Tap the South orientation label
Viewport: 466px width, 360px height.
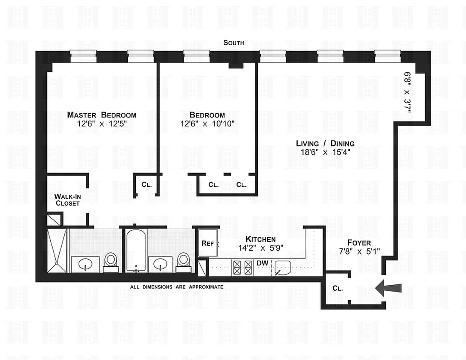pyautogui.click(x=234, y=43)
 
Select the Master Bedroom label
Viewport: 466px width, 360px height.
pyautogui.click(x=102, y=115)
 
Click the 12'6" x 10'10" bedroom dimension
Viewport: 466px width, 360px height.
pyautogui.click(x=208, y=123)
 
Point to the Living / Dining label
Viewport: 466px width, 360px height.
pyautogui.click(x=325, y=144)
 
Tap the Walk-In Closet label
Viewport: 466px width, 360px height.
pyautogui.click(x=67, y=200)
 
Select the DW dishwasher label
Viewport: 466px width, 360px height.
pyautogui.click(x=262, y=263)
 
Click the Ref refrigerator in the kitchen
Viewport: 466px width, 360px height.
pyautogui.click(x=208, y=243)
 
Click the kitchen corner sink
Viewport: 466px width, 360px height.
pyautogui.click(x=283, y=268)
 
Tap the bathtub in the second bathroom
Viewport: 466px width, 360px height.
pyautogui.click(x=134, y=250)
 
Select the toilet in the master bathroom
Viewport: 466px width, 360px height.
pyautogui.click(x=110, y=262)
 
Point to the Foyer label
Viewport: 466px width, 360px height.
pyautogui.click(x=359, y=243)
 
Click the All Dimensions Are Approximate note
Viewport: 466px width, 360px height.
pyautogui.click(x=176, y=287)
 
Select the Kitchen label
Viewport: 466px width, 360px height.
pyautogui.click(x=260, y=239)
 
